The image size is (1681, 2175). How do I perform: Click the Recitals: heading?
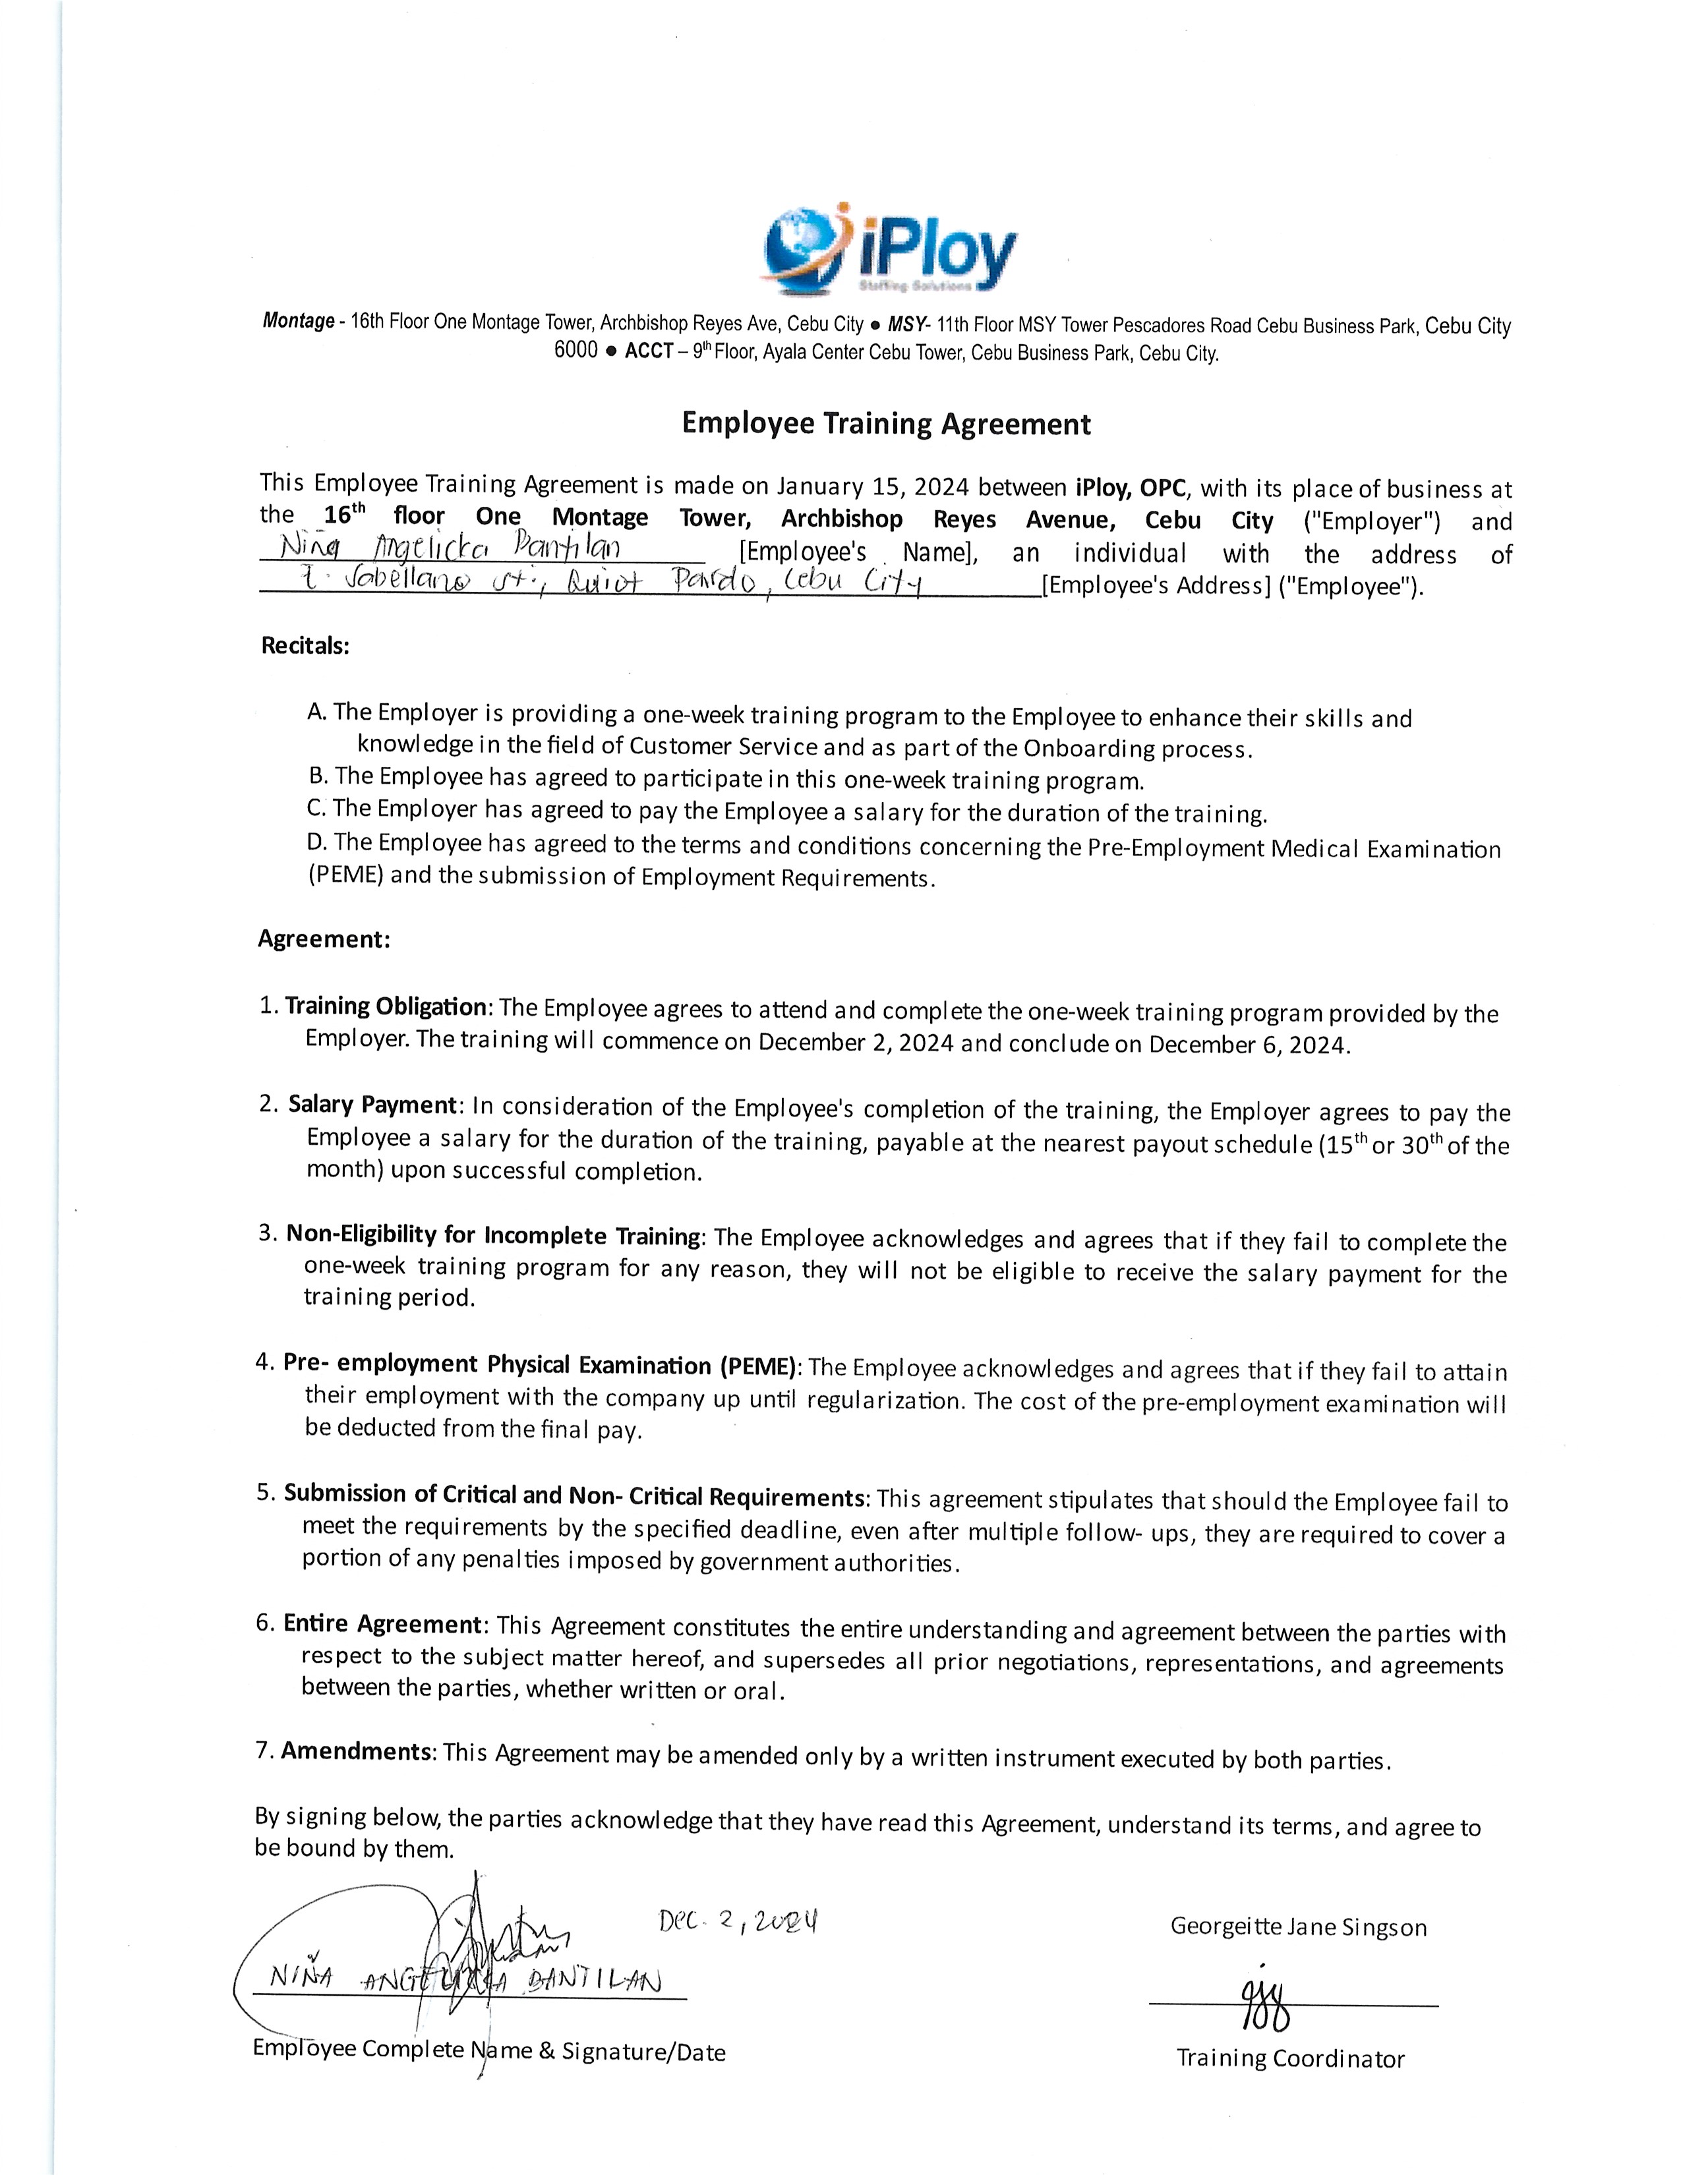point(305,645)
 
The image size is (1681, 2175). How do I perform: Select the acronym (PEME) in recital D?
point(345,877)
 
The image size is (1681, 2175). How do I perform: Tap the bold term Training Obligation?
point(386,1006)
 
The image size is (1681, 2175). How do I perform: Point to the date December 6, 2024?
point(1249,1045)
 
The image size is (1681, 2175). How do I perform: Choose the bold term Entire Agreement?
point(384,1624)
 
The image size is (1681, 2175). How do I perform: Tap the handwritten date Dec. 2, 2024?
point(738,1921)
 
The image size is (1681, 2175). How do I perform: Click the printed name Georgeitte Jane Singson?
point(1297,1927)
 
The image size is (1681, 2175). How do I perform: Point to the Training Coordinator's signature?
point(1265,2007)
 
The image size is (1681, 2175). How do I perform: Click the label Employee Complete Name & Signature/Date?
point(489,2052)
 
